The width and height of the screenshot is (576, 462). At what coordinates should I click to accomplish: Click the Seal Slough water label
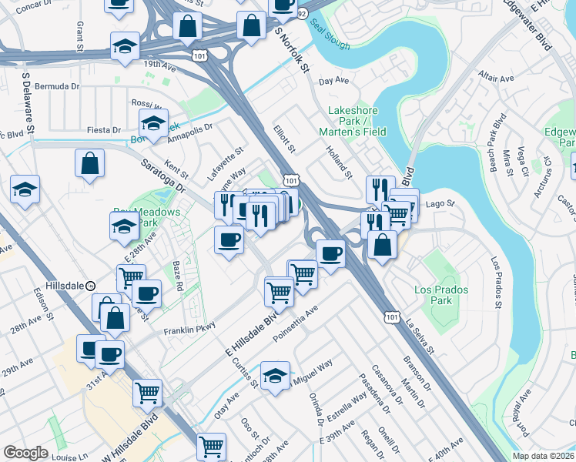point(331,35)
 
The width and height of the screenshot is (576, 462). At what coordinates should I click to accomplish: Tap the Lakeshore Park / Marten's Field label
point(357,121)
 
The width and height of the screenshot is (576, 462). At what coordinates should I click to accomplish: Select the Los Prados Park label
point(433,295)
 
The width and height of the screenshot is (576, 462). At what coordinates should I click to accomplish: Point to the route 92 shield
point(303,13)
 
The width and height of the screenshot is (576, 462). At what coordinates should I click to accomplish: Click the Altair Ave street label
point(496,79)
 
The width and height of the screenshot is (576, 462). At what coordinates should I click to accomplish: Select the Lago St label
point(441,204)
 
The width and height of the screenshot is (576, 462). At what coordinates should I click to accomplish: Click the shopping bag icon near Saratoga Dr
point(90,163)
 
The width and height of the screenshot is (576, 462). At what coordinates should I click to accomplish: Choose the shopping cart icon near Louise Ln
point(211,446)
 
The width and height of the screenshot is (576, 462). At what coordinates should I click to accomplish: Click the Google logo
point(25,453)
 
